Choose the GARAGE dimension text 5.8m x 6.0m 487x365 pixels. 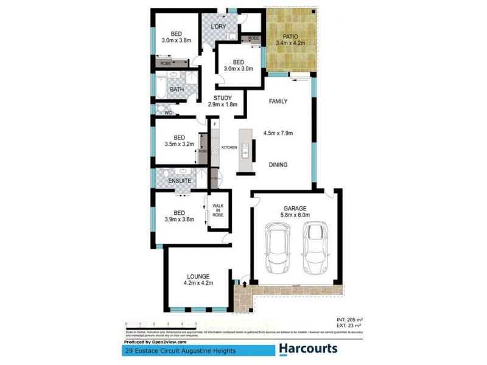295,215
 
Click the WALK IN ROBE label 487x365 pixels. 217,210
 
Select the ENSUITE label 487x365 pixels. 180,181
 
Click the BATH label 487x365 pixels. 177,90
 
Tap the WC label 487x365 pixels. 169,113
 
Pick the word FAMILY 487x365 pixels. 278,102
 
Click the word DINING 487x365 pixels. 278,165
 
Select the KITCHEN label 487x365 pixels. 229,148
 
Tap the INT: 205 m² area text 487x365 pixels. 349,319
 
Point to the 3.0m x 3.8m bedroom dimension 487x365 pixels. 177,41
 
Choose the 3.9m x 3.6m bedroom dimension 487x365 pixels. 179,220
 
